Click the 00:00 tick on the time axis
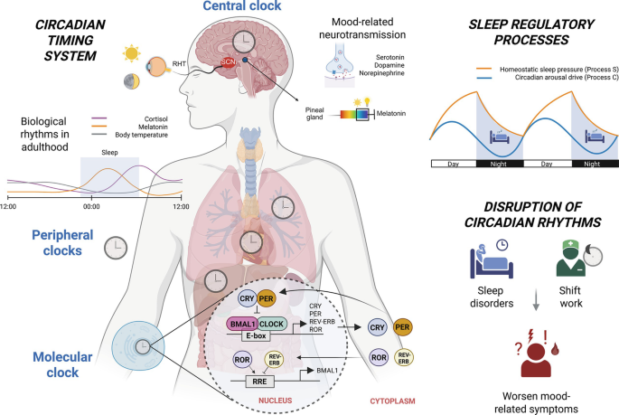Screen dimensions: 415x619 tap(90, 207)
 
